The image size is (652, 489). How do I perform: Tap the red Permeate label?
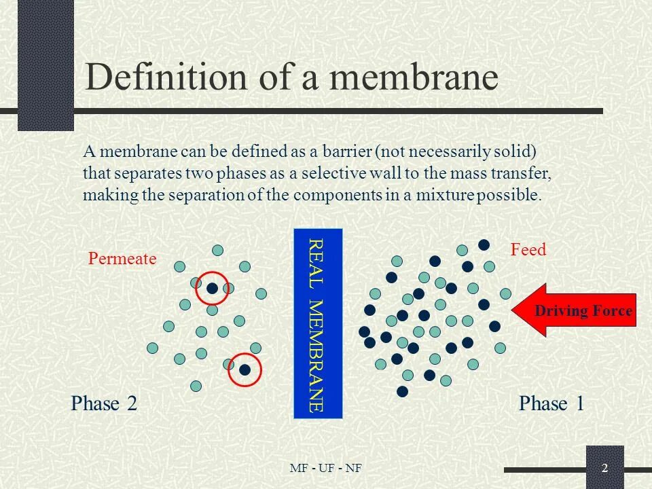click(122, 259)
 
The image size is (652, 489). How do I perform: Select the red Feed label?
click(528, 250)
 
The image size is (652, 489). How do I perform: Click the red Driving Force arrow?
click(574, 312)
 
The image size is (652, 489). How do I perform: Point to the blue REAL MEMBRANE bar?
click(317, 323)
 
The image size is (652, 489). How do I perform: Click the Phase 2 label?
click(104, 404)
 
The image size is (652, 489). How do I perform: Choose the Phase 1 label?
click(551, 404)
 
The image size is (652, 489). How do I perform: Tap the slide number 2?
click(604, 468)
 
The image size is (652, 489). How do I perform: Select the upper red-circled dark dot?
click(213, 289)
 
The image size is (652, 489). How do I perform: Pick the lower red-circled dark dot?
click(244, 370)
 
